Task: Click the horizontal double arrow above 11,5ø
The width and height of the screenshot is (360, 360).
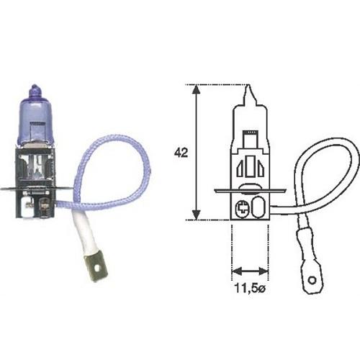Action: click(x=249, y=271)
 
